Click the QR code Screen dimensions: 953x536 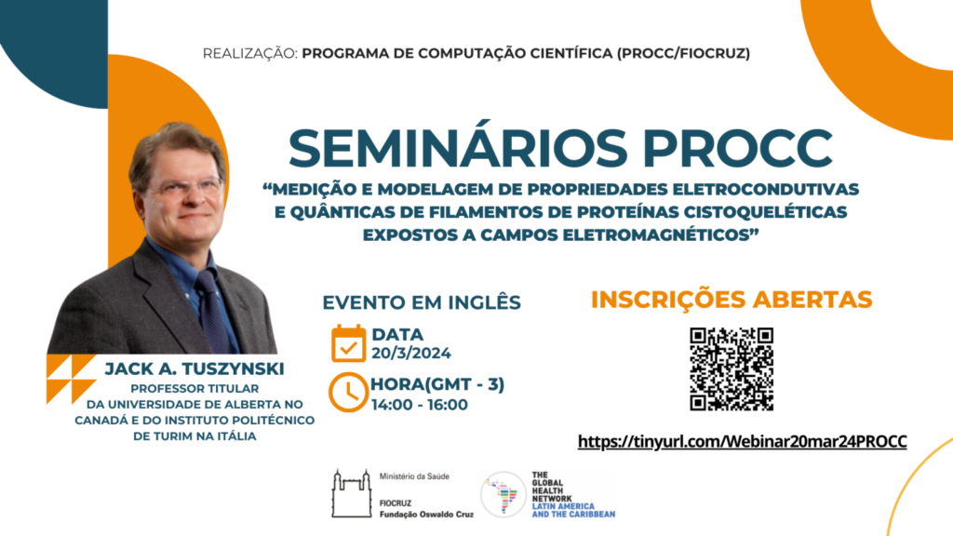pos(732,368)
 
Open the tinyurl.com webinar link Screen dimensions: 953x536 pos(742,441)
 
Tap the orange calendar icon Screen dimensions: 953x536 pos(348,343)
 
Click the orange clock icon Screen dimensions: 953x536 pos(348,393)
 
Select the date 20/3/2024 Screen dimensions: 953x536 pos(411,353)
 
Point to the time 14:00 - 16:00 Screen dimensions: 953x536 pos(420,405)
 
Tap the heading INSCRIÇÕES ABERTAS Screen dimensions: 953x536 pos(732,300)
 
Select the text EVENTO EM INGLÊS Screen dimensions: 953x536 pos(422,302)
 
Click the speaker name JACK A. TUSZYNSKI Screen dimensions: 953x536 pos(195,368)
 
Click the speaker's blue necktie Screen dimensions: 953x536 pos(213,310)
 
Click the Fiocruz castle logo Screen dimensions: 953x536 pos(351,493)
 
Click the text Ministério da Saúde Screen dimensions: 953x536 pos(414,476)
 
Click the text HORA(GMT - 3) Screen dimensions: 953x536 pos(437,384)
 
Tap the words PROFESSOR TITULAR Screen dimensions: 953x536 pos(195,388)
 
